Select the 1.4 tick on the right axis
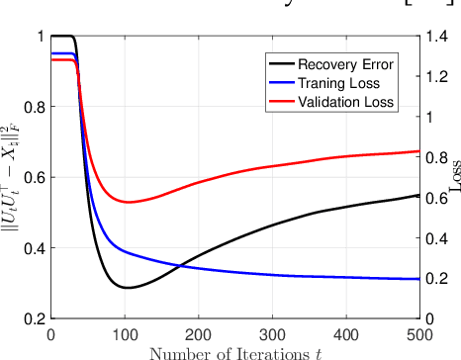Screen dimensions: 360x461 coord(436,37)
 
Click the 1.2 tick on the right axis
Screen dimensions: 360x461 coord(436,77)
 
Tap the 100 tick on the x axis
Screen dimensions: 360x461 coord(124,334)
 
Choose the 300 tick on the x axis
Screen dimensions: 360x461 coord(271,334)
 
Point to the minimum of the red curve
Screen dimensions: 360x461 coord(127,202)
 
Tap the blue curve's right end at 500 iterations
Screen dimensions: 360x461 coord(418,279)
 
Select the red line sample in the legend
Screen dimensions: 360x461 coord(282,102)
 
